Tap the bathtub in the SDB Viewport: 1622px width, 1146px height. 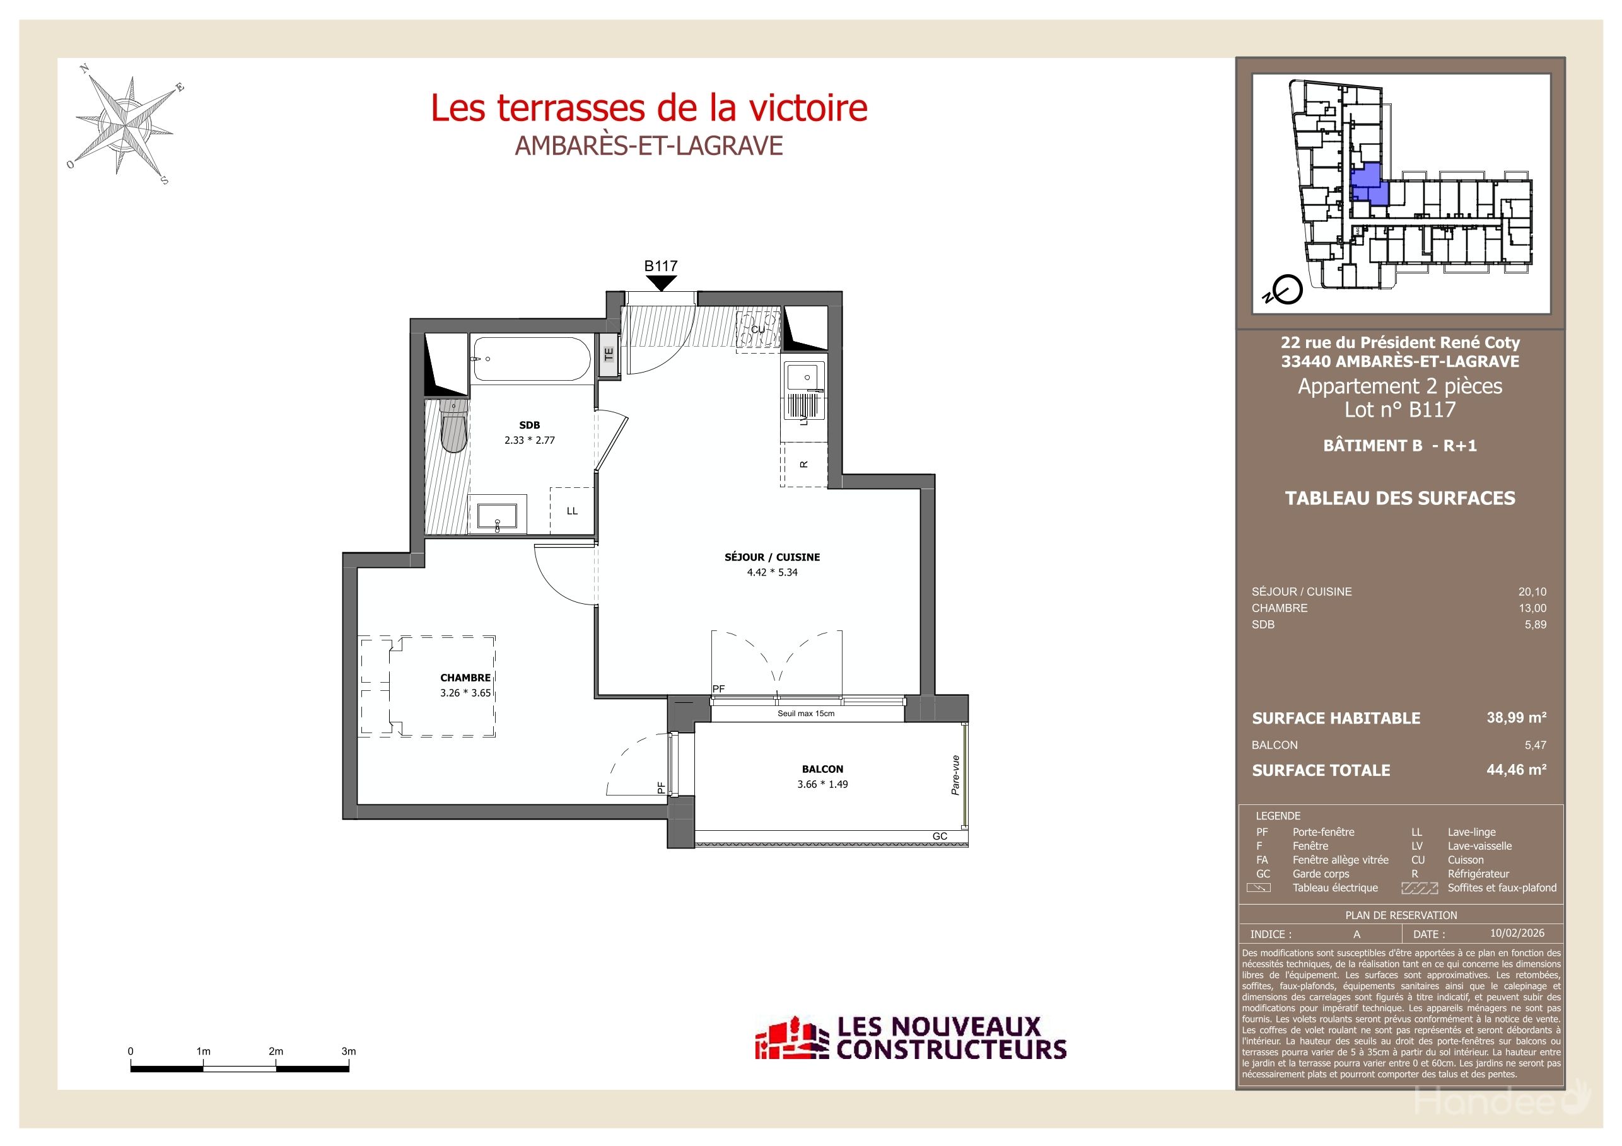pos(531,359)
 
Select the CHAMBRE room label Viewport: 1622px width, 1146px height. pos(465,677)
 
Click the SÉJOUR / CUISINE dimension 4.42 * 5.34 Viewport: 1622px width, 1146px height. pos(772,572)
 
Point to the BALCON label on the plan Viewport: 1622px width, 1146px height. pos(822,769)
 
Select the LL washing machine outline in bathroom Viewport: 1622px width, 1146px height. pos(571,511)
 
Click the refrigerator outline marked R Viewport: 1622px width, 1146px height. pos(804,465)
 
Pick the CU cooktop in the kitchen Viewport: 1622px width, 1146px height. pos(757,330)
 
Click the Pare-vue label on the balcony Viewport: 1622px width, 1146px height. pos(955,775)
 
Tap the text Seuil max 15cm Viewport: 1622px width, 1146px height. pos(805,713)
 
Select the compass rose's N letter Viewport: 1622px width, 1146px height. pos(85,69)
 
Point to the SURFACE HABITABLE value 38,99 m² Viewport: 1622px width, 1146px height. pos(1516,717)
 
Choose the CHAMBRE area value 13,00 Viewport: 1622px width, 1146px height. pos(1532,608)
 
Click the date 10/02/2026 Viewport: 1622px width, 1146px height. pos(1517,933)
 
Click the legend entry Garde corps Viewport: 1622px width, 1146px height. pos(1321,874)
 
